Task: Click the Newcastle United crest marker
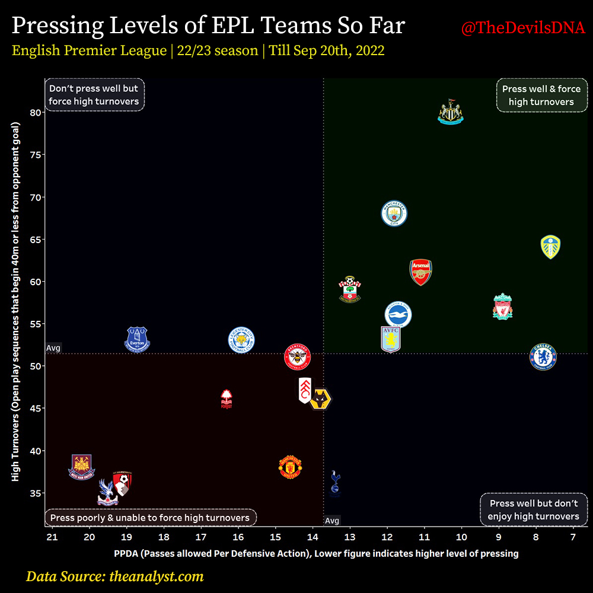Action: pos(450,113)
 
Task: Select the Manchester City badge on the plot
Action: pos(394,213)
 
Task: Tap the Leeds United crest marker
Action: pos(551,247)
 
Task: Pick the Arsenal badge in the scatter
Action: pos(420,272)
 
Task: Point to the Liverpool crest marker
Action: pos(502,306)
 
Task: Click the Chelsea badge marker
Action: pos(543,356)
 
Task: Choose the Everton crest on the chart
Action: pos(138,340)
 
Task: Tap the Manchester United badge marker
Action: pos(291,467)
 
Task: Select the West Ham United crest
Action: pos(82,467)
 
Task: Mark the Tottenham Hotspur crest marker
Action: pos(336,482)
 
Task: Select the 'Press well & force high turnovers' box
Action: pos(541,95)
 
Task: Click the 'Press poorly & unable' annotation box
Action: pos(150,518)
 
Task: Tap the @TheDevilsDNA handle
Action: pos(523,28)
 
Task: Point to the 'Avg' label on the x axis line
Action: pos(332,521)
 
